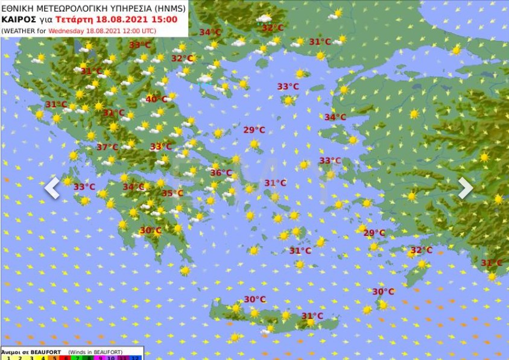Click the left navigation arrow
click(52, 188)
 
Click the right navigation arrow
click(465, 188)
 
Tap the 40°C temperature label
click(157, 99)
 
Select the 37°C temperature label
click(107, 147)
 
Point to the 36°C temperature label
click(221, 173)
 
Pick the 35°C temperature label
click(172, 194)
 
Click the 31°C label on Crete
click(312, 316)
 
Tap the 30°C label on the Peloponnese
click(150, 230)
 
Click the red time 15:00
click(164, 19)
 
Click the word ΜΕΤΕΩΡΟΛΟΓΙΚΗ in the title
click(68, 7)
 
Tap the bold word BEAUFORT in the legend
click(36, 352)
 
